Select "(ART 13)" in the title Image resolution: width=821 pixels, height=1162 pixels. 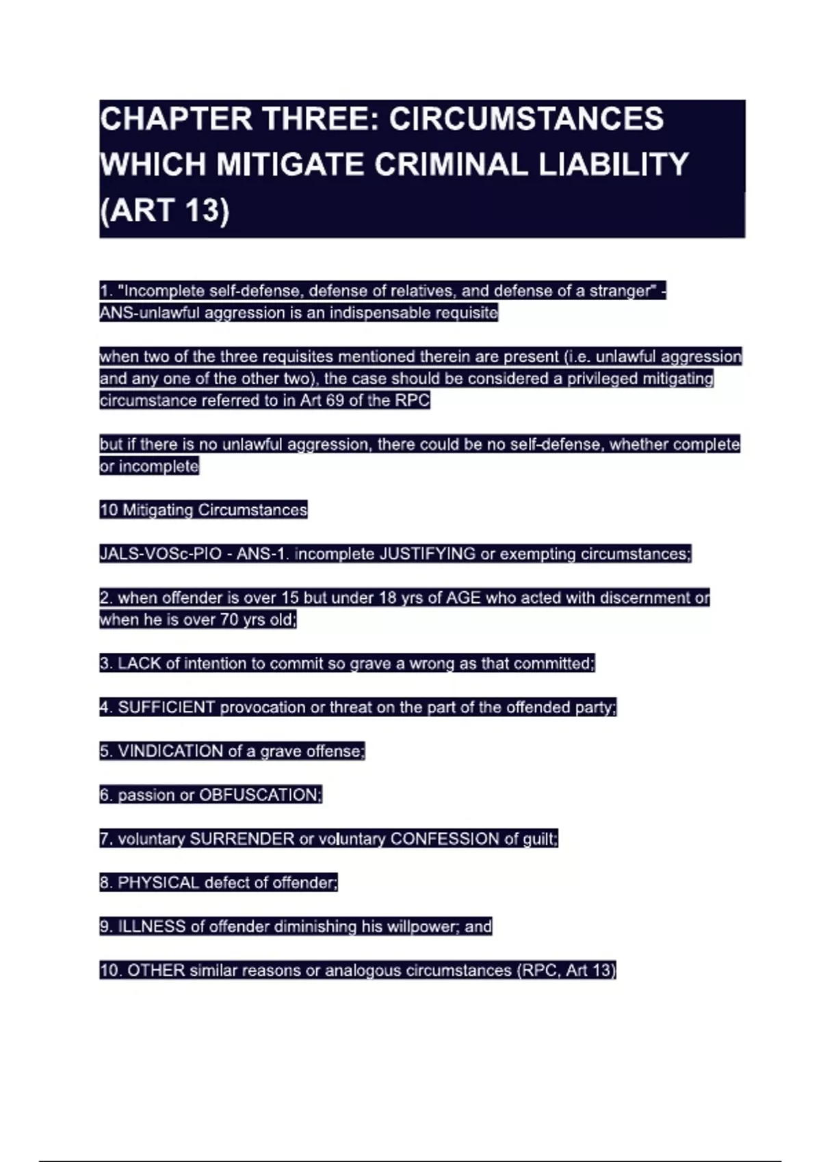(x=164, y=210)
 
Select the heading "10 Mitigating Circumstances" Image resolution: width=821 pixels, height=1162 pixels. (x=203, y=510)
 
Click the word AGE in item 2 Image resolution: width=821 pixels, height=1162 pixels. (x=463, y=597)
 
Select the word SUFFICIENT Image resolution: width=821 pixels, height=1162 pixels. (x=166, y=707)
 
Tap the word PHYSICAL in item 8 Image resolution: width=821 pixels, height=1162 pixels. (x=158, y=882)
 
